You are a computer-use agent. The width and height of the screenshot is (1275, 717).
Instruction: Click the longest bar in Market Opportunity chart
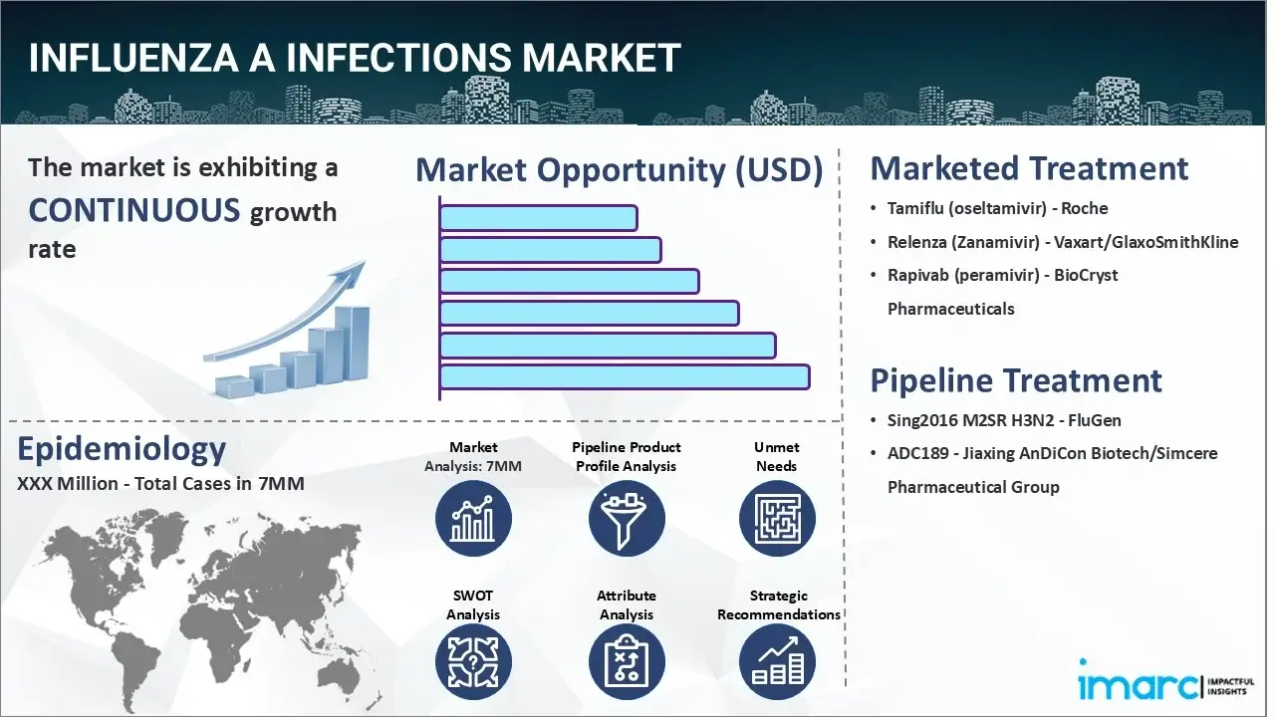tap(624, 376)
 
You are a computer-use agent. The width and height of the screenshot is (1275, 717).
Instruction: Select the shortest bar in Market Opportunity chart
tap(538, 217)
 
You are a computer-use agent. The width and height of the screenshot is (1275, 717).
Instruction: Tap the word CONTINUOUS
tap(134, 210)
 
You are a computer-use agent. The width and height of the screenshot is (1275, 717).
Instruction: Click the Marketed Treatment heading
tap(1029, 168)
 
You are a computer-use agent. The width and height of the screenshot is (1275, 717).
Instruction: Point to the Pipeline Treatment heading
tap(1016, 380)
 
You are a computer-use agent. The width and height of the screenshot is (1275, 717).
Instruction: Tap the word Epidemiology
tap(121, 449)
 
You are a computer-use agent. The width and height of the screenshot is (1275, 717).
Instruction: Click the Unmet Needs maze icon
tap(777, 518)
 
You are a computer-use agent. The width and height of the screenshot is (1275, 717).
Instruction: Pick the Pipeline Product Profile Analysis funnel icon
tap(627, 518)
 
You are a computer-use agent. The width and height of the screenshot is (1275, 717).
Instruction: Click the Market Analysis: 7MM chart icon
tap(473, 518)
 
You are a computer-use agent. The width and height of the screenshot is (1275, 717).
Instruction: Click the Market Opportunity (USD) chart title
tap(619, 170)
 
